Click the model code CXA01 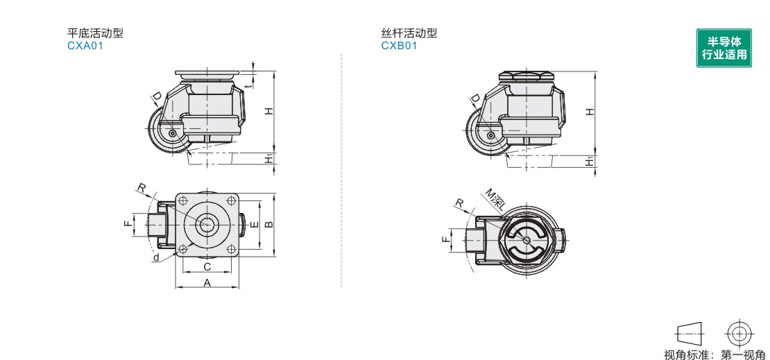point(85,46)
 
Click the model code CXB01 point(399,46)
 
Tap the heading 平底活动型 point(95,33)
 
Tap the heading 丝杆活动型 point(409,33)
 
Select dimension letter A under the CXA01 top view point(207,282)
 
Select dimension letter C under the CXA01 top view point(207,266)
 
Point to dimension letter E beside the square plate point(254,223)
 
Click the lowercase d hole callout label point(156,257)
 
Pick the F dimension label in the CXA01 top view point(127,224)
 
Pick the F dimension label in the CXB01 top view point(444,240)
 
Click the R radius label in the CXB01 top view point(459,203)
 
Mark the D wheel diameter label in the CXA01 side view point(157,96)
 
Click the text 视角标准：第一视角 point(715,354)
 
